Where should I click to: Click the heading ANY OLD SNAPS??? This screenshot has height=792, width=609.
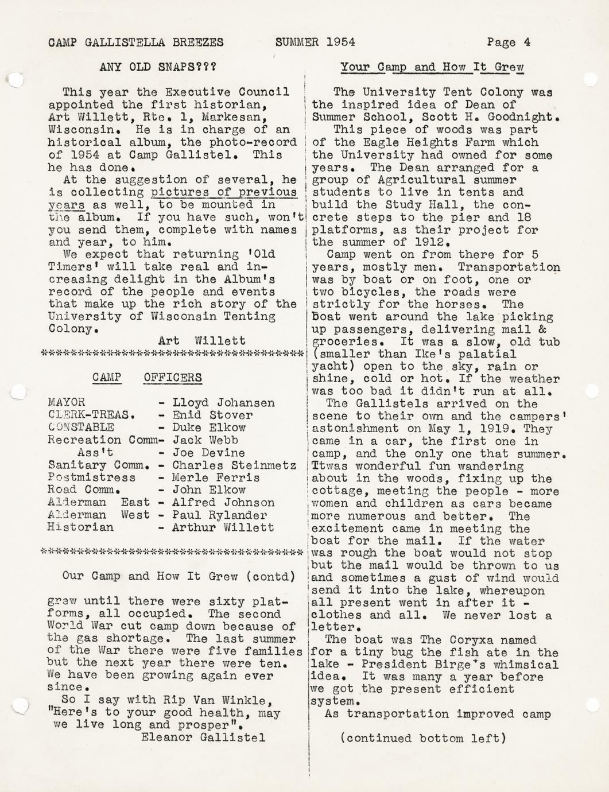click(158, 67)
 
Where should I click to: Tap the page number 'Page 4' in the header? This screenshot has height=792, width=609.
click(509, 42)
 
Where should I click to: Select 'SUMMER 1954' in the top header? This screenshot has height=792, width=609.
click(315, 42)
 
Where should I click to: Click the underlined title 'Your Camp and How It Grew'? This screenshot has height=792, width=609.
click(432, 67)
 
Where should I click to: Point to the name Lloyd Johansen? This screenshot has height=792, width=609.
click(223, 403)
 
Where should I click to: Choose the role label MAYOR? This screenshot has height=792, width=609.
click(67, 402)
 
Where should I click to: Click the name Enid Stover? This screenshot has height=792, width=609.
click(212, 416)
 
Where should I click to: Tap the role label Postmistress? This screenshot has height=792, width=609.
click(92, 477)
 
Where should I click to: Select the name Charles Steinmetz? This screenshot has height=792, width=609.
click(234, 465)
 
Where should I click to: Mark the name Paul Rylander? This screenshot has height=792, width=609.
click(219, 515)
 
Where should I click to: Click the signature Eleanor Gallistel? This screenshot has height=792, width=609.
click(203, 737)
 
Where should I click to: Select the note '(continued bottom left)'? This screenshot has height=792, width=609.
click(423, 739)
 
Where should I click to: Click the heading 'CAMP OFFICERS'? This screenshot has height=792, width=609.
click(147, 378)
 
